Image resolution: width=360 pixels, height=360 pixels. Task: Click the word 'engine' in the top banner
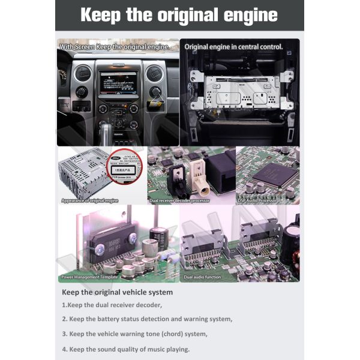[x=245, y=15]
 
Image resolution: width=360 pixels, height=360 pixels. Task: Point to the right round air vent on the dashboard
[x=154, y=73]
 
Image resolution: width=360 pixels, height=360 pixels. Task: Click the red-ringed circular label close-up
[x=123, y=173]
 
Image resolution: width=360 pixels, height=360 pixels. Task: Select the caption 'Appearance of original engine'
[x=90, y=200]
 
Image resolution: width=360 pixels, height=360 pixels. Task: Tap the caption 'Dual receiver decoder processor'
[x=179, y=200]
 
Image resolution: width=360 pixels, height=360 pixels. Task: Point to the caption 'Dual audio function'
[x=202, y=277]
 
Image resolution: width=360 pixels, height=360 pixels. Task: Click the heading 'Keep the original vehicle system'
[x=117, y=292]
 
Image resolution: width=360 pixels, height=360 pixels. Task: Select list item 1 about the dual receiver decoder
[x=112, y=305]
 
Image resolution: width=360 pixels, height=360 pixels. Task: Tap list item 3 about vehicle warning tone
[x=134, y=334]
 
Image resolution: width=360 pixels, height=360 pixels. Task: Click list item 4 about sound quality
[x=125, y=349]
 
